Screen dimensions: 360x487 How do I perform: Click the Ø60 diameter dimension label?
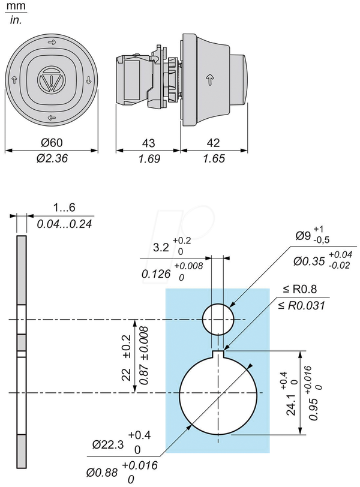pos(52,143)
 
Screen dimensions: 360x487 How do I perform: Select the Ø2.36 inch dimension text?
pos(52,158)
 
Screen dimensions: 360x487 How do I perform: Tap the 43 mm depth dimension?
pos(148,143)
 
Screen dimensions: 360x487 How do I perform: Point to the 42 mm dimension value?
pos(213,143)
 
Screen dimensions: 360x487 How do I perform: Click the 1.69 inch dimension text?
pos(149,159)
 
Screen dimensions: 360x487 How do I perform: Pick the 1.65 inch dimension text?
pos(214,159)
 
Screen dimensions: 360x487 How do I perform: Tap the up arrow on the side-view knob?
pos(210,79)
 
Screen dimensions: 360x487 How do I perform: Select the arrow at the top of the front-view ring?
pos(52,42)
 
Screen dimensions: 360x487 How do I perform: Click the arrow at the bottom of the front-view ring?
pos(52,118)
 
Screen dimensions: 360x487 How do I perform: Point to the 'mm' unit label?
pos(16,6)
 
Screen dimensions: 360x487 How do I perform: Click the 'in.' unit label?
pos(16,20)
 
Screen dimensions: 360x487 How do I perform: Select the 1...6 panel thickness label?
pos(64,207)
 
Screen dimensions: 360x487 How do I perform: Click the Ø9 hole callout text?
pos(313,235)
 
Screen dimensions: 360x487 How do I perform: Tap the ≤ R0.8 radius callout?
pos(300,289)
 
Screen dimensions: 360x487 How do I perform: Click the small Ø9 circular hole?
pos(218,319)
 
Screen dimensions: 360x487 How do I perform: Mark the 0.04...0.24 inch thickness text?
pos(64,224)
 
